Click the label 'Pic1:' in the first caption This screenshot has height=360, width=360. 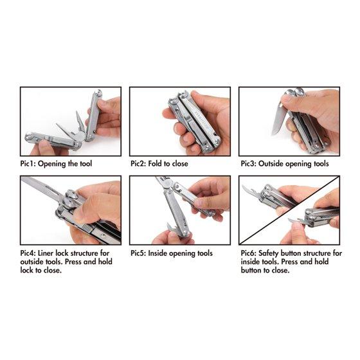click(28, 164)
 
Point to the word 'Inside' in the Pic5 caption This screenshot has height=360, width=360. click(157, 253)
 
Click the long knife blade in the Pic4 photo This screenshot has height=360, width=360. click(39, 186)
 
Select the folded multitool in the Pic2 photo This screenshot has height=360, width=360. click(195, 122)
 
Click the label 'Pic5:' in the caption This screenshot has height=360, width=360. click(138, 253)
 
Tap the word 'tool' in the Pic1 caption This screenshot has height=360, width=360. click(86, 164)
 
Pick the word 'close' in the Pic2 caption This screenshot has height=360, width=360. click(180, 164)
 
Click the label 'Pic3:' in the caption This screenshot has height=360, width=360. click(249, 164)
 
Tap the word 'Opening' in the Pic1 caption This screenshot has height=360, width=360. click(52, 164)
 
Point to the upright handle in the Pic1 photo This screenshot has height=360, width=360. click(94, 116)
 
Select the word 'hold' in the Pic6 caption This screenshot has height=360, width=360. click(321, 262)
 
